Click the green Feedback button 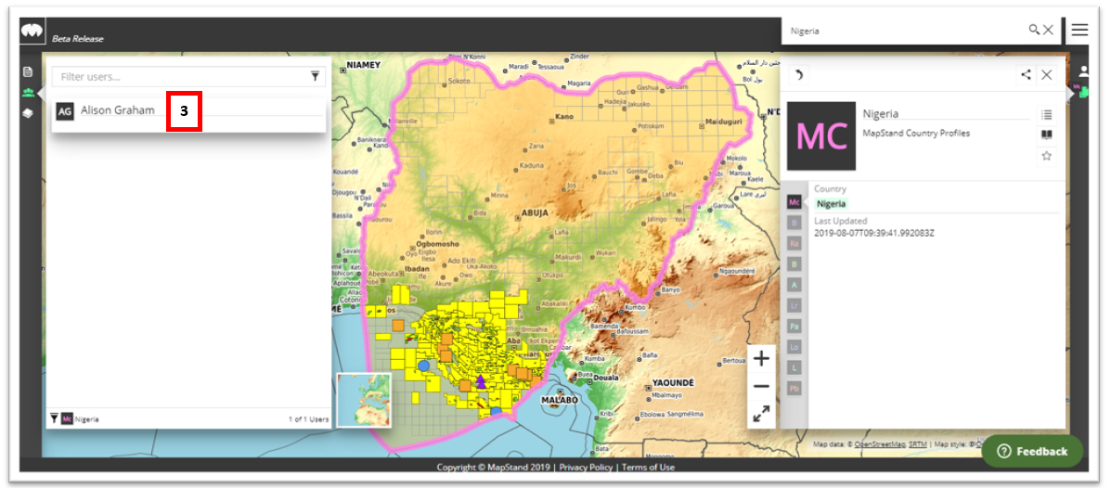point(1032,451)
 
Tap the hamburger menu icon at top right point(1079,30)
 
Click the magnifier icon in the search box point(1034,30)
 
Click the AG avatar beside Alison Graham point(64,110)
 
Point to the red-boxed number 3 point(184,110)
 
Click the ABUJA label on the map point(536,212)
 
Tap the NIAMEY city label point(363,65)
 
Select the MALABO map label point(560,400)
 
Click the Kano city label point(564,118)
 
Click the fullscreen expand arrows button point(761,414)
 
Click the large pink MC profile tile point(820,136)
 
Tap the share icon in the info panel point(1026,75)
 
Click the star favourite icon point(1046,156)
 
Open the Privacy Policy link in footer point(587,468)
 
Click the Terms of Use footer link point(648,468)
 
